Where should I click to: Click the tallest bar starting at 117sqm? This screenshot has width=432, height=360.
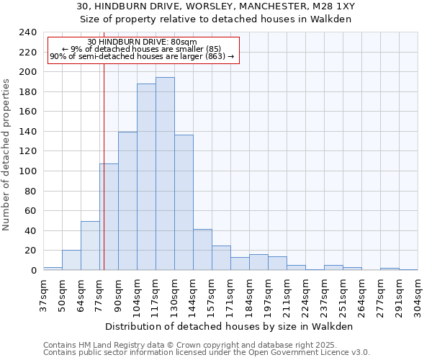click(x=165, y=174)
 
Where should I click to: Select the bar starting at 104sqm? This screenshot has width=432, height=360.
click(x=146, y=176)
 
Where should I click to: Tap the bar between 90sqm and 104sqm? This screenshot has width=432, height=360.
click(x=127, y=201)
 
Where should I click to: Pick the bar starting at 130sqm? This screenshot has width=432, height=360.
click(x=184, y=202)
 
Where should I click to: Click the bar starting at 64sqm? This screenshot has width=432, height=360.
click(x=90, y=246)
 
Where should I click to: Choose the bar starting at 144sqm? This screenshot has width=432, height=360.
click(x=202, y=249)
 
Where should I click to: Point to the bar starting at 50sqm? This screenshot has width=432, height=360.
click(x=71, y=260)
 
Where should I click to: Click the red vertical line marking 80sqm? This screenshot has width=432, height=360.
click(x=104, y=180)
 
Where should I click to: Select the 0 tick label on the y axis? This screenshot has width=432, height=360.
click(x=33, y=271)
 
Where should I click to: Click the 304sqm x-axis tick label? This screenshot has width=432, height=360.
click(x=418, y=294)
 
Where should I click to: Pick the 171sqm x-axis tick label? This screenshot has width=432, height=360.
click(x=230, y=294)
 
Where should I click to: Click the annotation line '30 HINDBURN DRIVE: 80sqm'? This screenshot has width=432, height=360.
click(x=142, y=42)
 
